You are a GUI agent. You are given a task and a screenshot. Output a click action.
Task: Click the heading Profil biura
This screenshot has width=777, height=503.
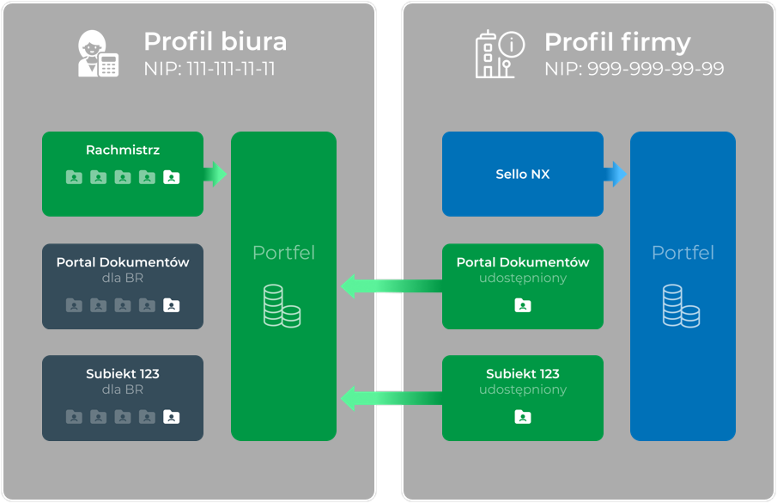215,41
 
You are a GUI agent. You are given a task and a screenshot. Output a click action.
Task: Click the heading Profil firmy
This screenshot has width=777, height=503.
617,41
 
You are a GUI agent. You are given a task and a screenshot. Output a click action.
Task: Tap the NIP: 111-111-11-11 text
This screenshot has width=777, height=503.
209,69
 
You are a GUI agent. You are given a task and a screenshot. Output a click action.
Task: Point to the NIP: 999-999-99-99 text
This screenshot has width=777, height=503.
634,69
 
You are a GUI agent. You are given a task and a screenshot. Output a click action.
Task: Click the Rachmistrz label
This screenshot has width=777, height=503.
123,150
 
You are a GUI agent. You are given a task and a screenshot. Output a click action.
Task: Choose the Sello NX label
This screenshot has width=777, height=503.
523,174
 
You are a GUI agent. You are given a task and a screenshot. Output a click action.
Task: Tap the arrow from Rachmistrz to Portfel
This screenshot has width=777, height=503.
216,174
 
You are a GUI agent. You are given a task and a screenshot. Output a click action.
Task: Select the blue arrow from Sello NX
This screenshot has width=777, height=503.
616,174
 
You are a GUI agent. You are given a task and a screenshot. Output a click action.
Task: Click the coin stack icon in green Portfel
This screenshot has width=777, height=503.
282,306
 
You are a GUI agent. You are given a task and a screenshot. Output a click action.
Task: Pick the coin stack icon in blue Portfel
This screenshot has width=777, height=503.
681,306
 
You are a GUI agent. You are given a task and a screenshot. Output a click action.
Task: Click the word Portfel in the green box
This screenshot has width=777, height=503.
283,253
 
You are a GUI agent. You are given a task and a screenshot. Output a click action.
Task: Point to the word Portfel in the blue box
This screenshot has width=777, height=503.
683,253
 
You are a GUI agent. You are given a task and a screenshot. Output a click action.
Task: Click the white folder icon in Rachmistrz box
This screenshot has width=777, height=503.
172,178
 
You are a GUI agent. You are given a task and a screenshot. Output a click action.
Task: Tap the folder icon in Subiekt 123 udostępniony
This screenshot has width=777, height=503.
523,417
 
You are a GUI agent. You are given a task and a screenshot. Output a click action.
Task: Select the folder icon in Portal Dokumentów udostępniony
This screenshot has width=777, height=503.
523,305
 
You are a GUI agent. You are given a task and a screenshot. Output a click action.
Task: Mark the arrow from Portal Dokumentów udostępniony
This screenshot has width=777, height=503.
392,285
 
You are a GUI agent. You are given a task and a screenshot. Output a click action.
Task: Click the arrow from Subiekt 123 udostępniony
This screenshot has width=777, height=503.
392,397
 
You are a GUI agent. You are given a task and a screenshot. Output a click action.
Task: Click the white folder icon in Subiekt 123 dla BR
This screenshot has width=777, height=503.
172,417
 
